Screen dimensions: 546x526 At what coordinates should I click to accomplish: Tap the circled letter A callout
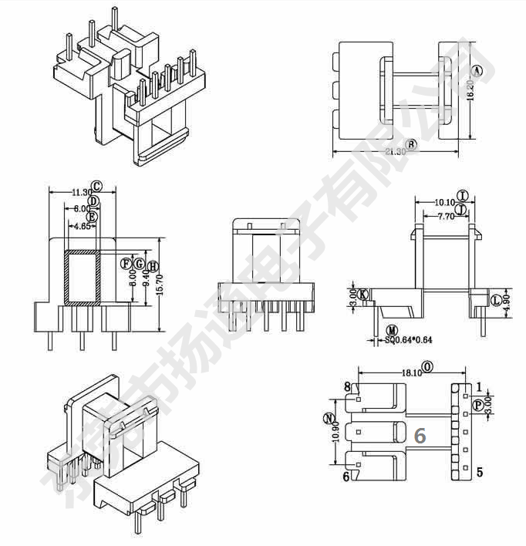(477, 71)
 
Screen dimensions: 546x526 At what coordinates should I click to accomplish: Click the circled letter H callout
(153, 265)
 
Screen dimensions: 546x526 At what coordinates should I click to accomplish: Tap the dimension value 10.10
(445, 202)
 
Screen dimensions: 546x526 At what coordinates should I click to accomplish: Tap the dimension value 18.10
(411, 372)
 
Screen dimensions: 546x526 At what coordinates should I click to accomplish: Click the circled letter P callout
(478, 405)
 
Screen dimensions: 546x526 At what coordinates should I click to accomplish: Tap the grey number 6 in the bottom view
(420, 436)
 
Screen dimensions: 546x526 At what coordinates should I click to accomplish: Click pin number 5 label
(479, 473)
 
